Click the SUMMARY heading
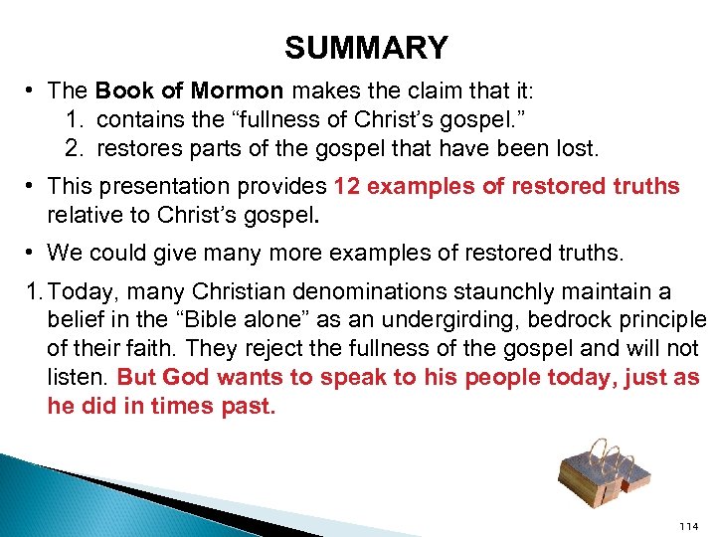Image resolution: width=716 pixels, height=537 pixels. click(366, 48)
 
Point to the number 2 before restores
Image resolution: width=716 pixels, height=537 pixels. click(74, 150)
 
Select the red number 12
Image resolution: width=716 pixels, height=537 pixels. click(347, 186)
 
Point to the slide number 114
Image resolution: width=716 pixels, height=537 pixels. click(688, 525)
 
